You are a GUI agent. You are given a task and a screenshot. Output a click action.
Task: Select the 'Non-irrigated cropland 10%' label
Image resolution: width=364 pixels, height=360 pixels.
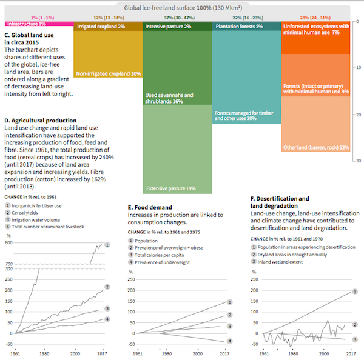(109, 73)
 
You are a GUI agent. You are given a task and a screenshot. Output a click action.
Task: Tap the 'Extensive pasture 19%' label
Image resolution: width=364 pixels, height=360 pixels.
(170, 188)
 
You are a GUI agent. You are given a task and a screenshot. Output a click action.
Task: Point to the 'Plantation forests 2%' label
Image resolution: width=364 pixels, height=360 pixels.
(238, 27)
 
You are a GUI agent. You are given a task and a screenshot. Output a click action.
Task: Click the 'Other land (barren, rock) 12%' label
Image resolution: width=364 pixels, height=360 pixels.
(316, 147)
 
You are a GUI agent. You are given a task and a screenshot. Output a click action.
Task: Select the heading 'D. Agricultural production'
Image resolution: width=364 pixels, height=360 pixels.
(40, 121)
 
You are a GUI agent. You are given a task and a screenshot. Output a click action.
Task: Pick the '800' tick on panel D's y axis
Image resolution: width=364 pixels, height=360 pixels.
(8, 243)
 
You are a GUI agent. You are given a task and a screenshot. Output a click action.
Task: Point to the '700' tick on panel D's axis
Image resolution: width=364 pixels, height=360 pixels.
(8, 265)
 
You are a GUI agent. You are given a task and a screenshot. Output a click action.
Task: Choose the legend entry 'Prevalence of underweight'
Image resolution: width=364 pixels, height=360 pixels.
(163, 262)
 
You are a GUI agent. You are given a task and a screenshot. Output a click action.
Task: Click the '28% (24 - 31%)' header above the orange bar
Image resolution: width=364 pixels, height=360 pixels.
(316, 19)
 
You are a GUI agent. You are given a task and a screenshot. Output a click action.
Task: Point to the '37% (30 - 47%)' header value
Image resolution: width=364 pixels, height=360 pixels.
(177, 19)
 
